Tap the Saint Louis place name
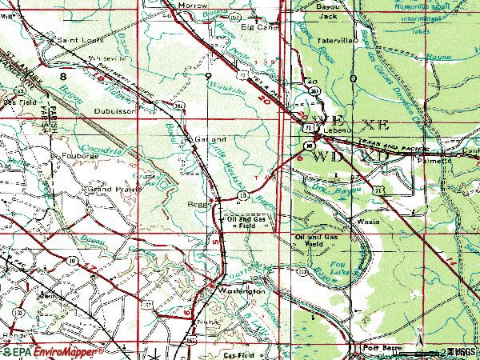tap(68, 38)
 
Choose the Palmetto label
tap(434, 161)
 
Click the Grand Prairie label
tap(109, 190)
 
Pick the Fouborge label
tap(78, 155)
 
